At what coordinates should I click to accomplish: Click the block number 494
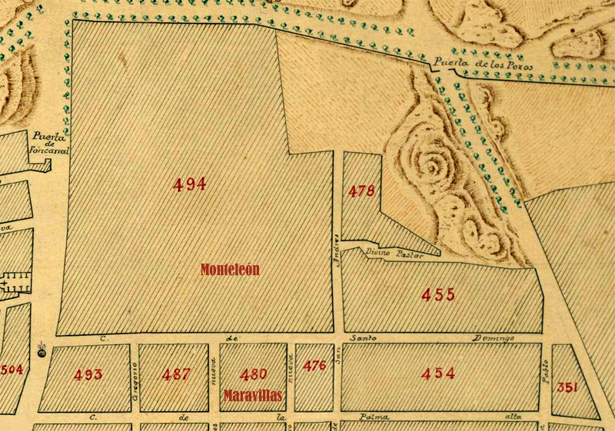pos(189,184)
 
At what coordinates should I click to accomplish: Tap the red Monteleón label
pos(230,270)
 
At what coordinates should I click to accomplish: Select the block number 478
pos(361,191)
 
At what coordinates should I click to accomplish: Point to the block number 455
pos(438,293)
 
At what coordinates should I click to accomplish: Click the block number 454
pos(438,374)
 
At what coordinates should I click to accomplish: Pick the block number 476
pos(314,366)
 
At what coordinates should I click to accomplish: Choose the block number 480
pos(254,375)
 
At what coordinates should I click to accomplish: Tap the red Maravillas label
pos(253,396)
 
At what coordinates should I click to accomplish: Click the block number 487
pos(178,375)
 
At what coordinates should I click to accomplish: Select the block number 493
pos(88,375)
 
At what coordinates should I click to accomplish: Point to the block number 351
pos(567,386)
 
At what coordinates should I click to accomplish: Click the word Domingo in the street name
pos(492,338)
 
